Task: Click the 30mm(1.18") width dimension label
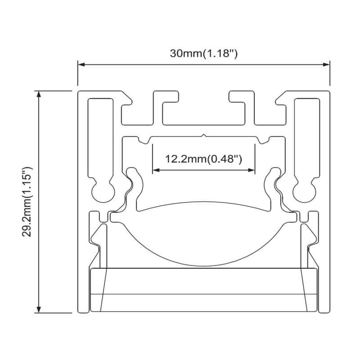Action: [203, 54]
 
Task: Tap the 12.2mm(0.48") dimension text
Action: [203, 159]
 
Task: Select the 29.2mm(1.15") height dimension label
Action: [27, 202]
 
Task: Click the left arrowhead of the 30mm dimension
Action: [81, 64]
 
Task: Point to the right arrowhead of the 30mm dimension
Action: [326, 64]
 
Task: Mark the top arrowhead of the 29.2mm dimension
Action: [39, 94]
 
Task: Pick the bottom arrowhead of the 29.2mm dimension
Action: [39, 309]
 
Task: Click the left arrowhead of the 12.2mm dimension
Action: [156, 170]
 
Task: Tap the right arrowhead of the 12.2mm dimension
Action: [252, 170]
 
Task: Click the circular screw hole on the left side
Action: [103, 191]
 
